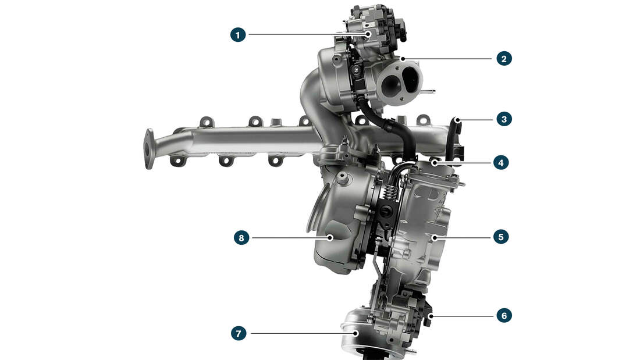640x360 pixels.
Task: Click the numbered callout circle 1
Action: [237, 34]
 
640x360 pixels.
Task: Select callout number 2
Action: [504, 59]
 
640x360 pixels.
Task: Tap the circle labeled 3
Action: [504, 119]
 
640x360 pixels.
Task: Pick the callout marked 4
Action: [500, 162]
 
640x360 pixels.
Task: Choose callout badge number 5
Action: [500, 237]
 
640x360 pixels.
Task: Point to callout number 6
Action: [504, 316]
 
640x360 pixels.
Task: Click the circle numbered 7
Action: [238, 333]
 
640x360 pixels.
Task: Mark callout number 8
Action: [241, 237]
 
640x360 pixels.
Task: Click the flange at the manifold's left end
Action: [150, 148]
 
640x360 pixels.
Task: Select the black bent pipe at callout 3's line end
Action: [453, 137]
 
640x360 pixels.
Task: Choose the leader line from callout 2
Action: [448, 59]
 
